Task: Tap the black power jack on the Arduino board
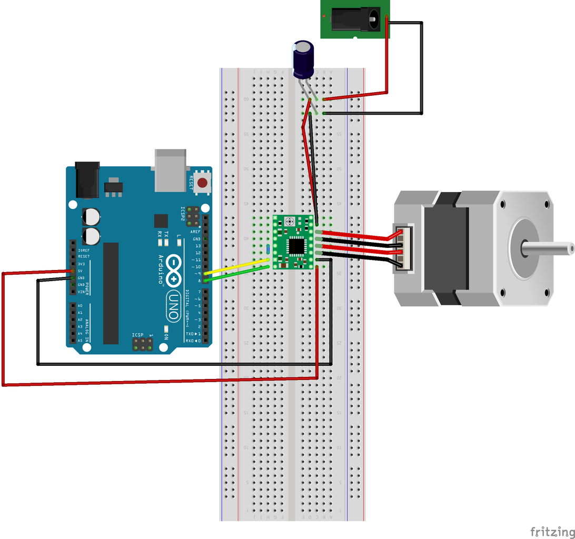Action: tap(87, 181)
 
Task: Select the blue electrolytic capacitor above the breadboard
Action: tap(304, 60)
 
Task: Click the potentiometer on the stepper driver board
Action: tap(289, 223)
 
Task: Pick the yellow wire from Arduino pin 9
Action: tap(237, 266)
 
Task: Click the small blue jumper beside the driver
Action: tap(269, 248)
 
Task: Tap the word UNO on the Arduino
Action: tap(172, 305)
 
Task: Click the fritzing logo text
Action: tap(551, 531)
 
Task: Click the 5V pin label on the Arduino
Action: tap(81, 271)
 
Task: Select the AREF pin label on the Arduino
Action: tap(195, 232)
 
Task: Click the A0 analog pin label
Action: tap(80, 306)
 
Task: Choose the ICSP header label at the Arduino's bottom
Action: tap(138, 335)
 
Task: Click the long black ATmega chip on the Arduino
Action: tap(111, 293)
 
